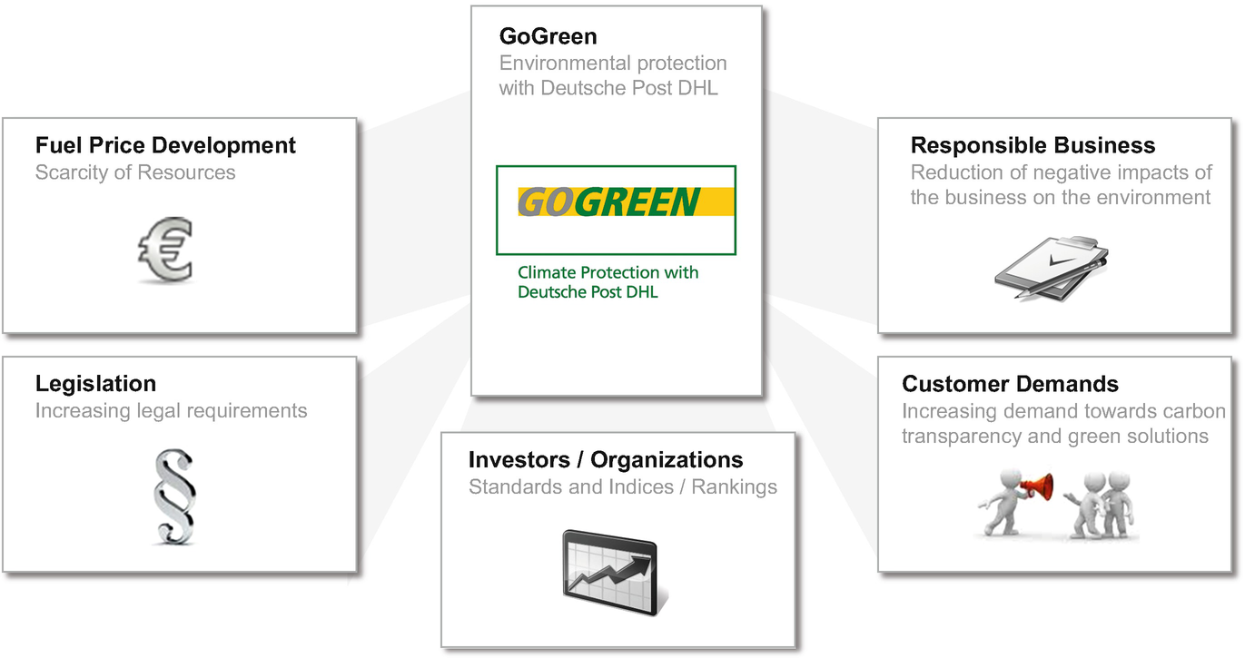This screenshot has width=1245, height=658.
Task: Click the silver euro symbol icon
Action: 165,250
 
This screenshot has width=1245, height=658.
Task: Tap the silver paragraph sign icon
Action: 174,496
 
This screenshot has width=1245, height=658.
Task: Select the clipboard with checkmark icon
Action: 1051,268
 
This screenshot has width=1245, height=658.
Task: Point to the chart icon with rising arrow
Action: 614,573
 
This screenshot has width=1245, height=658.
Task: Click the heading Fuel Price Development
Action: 165,145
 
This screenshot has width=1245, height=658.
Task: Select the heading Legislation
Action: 95,384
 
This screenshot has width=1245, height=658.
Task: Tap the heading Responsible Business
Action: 1033,145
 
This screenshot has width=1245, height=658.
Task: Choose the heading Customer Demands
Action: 1010,384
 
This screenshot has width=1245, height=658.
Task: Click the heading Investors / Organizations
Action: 606,460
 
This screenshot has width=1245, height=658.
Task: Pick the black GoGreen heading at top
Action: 548,36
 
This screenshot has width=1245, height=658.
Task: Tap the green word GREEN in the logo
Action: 637,201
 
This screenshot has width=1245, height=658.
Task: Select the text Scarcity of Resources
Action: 135,172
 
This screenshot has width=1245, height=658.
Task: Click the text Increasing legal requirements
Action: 172,411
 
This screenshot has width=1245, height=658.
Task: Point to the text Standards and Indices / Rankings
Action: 623,487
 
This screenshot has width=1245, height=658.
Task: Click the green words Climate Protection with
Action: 608,272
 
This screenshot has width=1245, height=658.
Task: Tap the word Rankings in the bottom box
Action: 735,487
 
